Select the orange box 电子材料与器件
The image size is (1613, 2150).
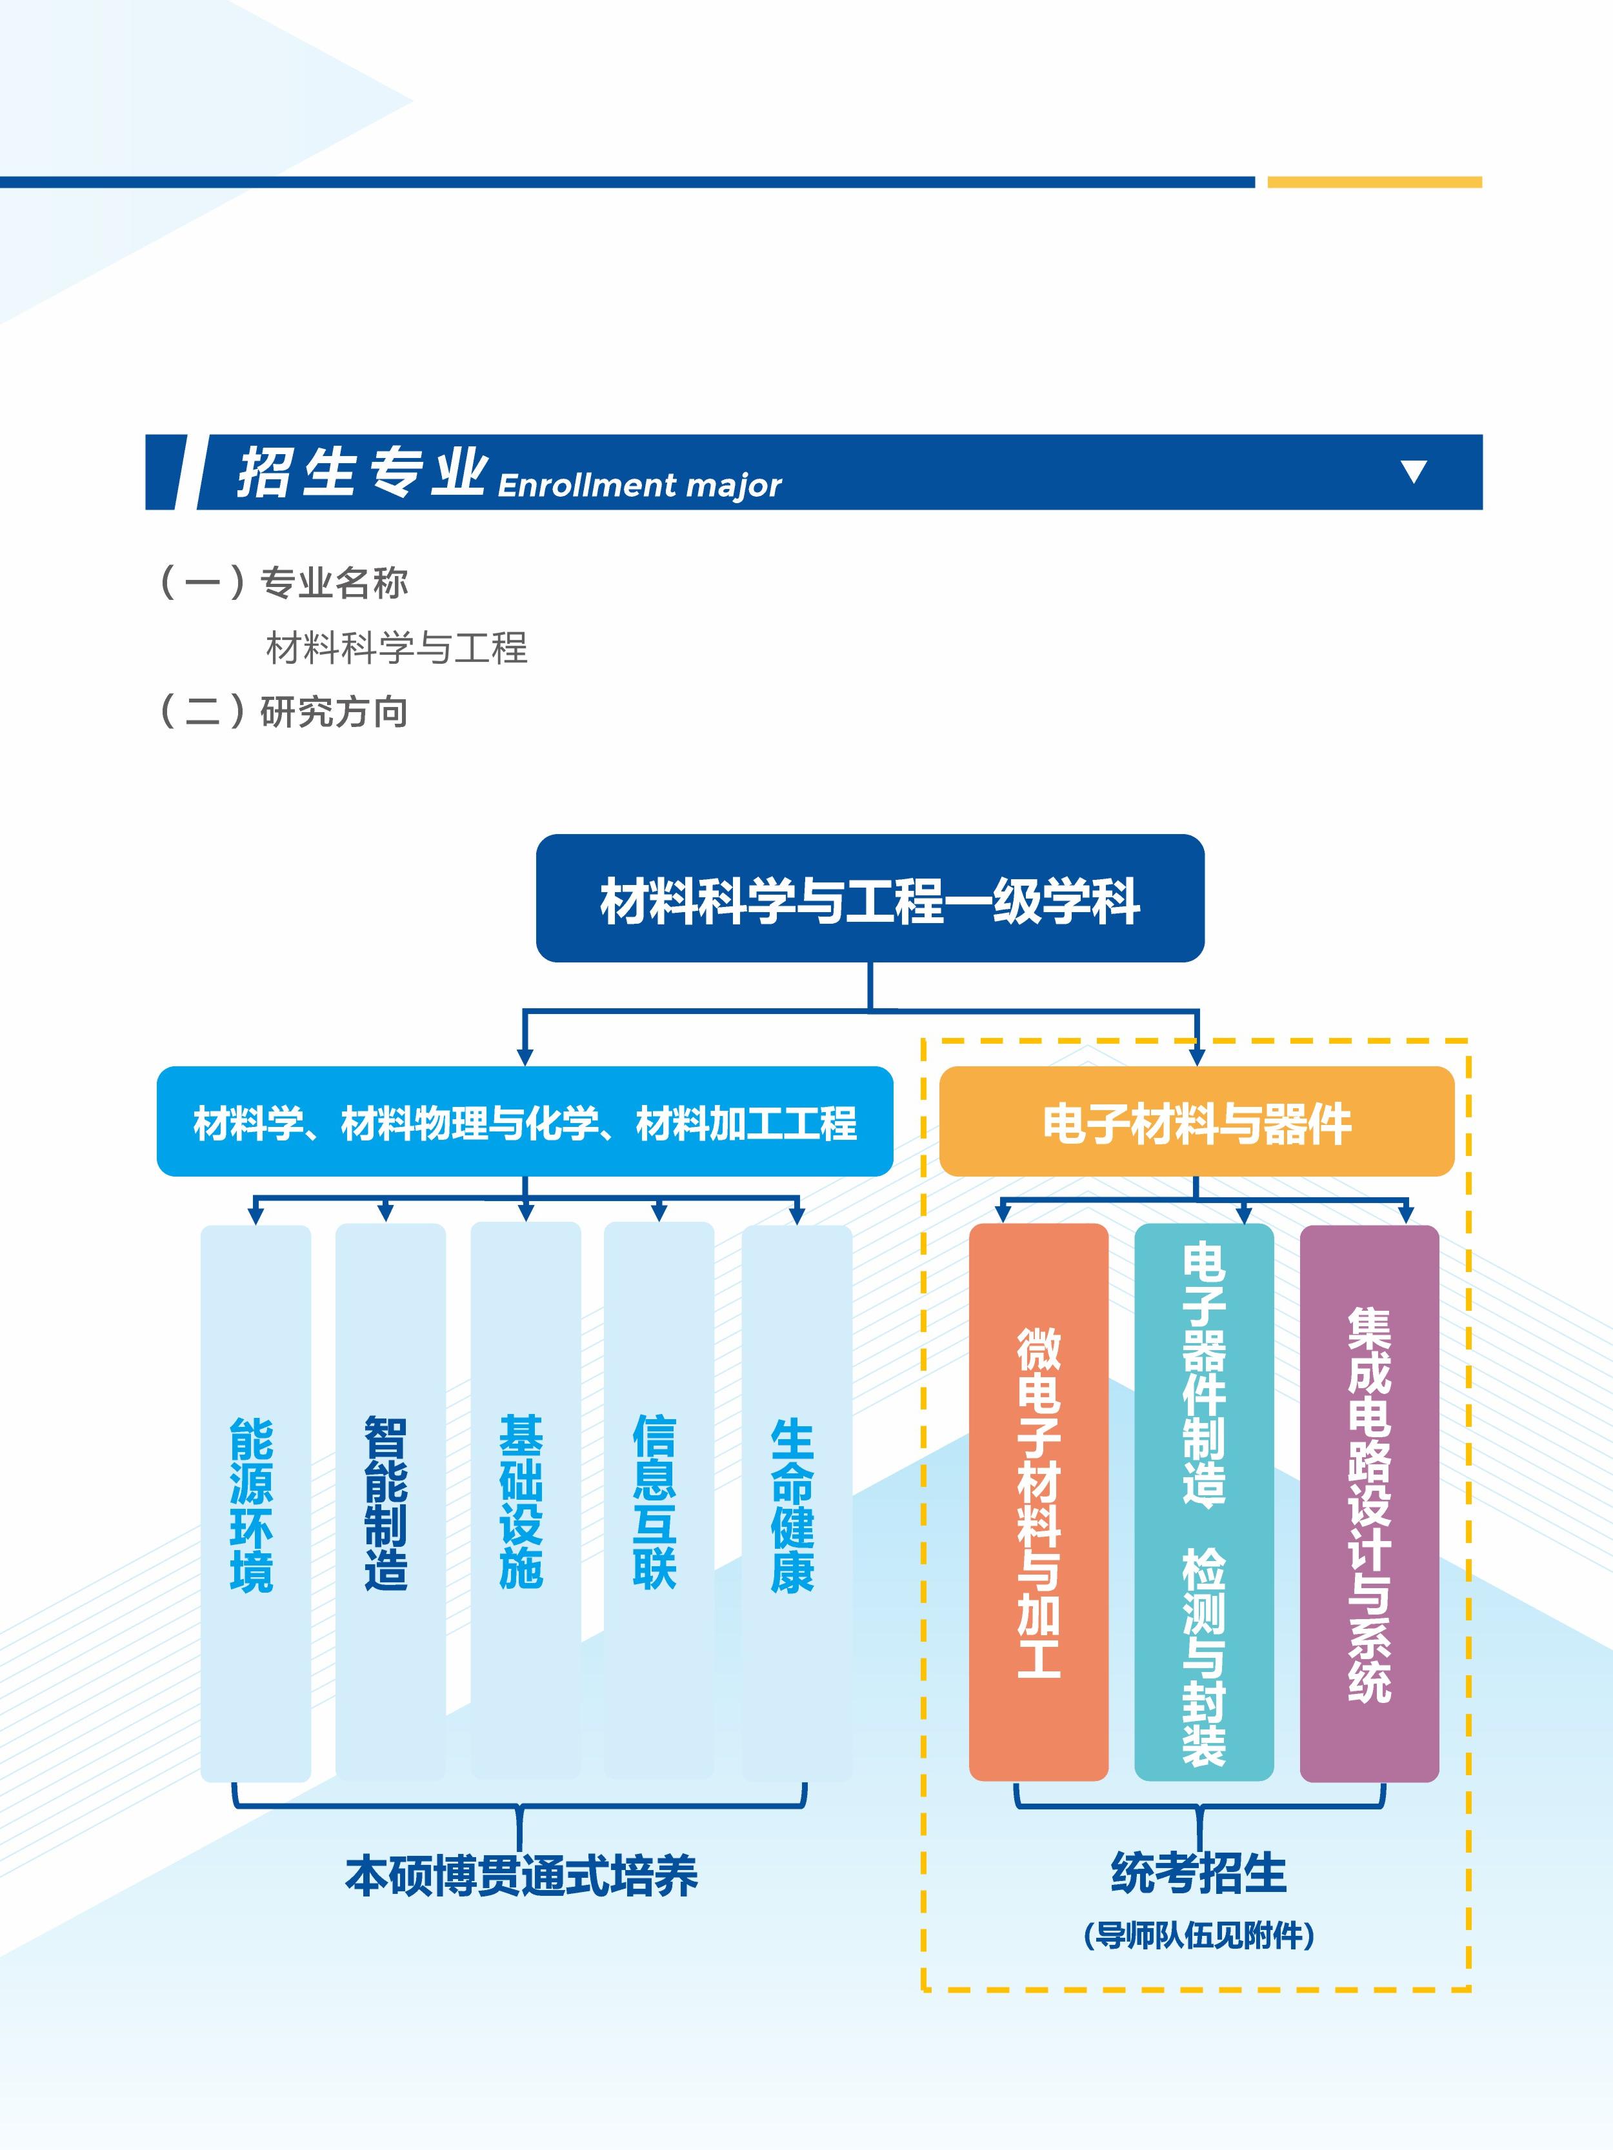1196,1122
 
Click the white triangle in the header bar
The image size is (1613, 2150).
1414,472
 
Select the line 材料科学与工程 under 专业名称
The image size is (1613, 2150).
397,648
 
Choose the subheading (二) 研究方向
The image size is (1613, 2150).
283,712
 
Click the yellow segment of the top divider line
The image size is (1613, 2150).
1374,182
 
